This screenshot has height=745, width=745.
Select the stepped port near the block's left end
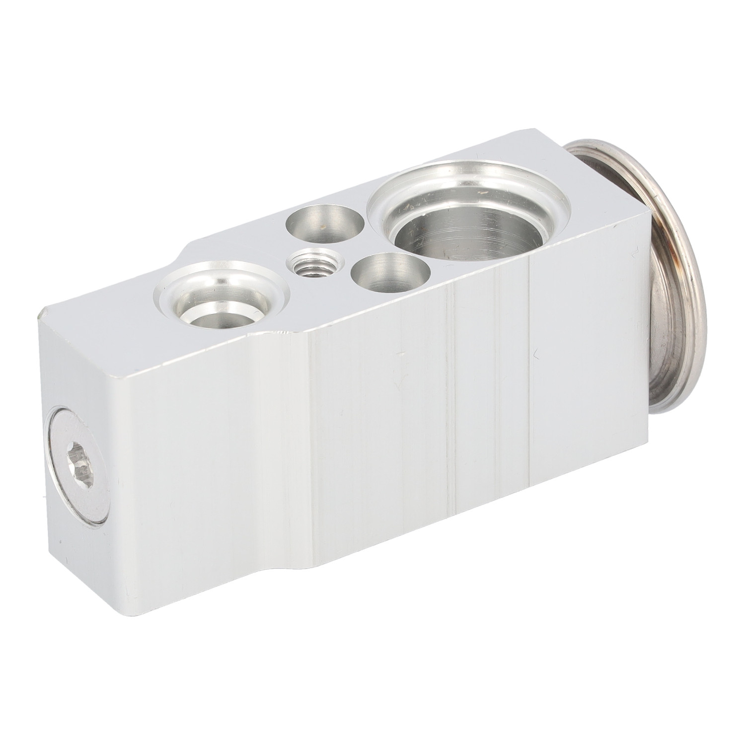220,296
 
